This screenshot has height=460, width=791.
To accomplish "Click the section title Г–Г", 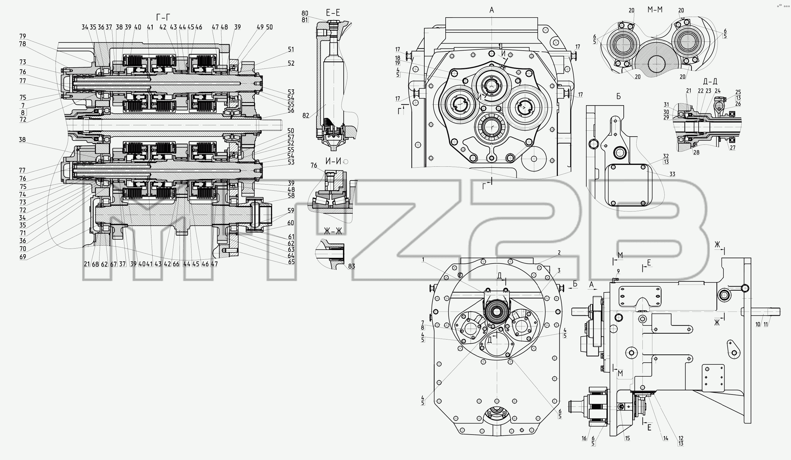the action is point(163,17).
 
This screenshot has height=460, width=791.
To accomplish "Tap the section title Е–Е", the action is point(333,13).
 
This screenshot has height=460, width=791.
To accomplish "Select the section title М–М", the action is point(655,10).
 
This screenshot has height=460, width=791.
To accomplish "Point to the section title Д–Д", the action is point(710,82).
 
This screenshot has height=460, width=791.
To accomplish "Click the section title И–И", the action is point(333,161).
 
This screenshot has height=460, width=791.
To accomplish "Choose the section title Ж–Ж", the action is point(333,232).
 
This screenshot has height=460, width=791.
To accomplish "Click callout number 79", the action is point(22,36).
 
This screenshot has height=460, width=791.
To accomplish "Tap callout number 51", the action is point(291,49).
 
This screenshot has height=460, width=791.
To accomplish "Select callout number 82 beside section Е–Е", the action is point(306,116).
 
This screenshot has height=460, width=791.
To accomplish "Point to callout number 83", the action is point(351,266).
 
